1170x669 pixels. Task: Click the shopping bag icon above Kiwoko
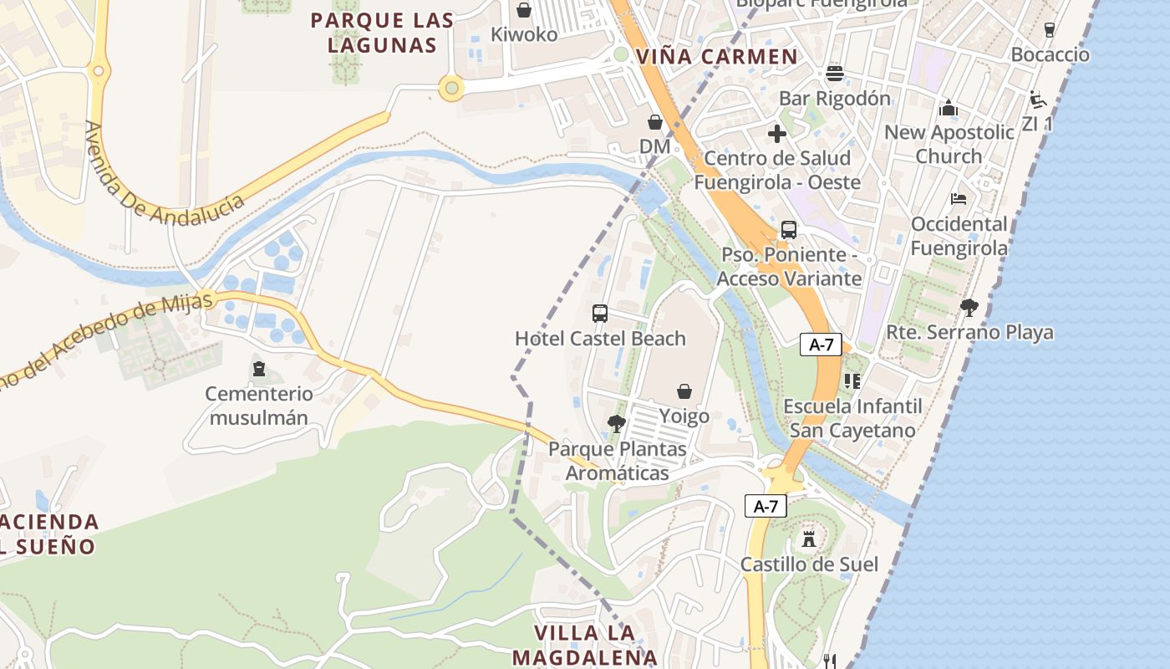pos(524,10)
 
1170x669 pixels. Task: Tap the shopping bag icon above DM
pos(655,122)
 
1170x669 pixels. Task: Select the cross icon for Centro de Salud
pos(777,133)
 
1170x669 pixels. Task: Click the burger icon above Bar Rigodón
pos(834,74)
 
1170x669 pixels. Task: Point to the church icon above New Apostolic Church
pos(949,108)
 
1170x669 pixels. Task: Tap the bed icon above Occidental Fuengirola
pos(959,199)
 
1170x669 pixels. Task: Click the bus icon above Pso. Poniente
pos(788,230)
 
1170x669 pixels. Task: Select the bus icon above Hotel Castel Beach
pos(600,314)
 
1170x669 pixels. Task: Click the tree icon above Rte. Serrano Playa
pos(969,308)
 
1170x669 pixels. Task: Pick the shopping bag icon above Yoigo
pos(684,391)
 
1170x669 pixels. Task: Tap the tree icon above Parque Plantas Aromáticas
pos(617,424)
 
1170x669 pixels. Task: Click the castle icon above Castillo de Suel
pos(809,539)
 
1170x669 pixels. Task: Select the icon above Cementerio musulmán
pos(259,369)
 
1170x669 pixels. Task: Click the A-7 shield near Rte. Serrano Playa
pos(821,345)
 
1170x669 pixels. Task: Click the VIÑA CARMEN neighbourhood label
pos(716,57)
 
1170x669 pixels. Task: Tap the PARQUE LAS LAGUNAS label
pos(382,33)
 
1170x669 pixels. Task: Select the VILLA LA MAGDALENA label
pos(585,644)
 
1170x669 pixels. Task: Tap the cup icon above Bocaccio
pos(1050,30)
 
